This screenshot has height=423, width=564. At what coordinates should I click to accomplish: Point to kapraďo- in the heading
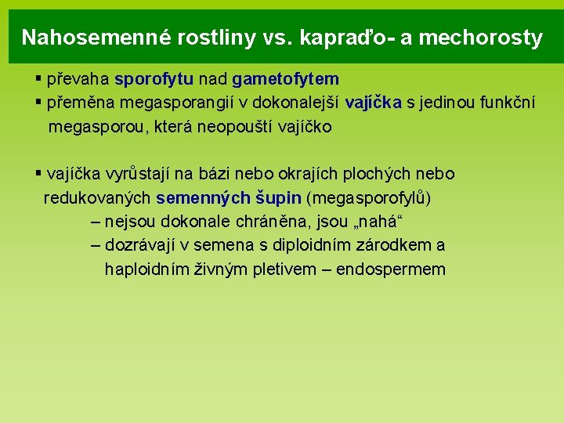click(x=349, y=38)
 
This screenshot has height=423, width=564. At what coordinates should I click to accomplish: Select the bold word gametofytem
click(x=285, y=79)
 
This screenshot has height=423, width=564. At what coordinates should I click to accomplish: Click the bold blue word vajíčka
click(x=374, y=103)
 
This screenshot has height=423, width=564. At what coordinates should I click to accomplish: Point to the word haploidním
click(x=146, y=269)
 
